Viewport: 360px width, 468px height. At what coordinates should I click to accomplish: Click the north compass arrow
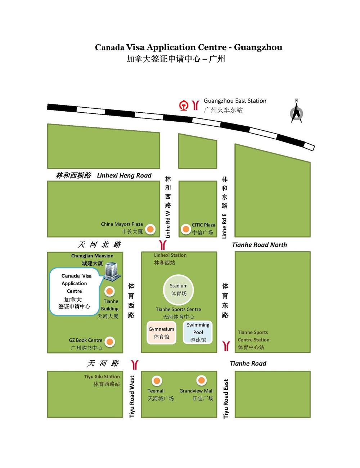[296, 112]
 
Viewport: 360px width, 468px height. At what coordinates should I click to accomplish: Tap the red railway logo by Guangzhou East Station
[184, 106]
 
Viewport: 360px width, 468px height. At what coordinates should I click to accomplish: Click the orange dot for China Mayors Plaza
[150, 229]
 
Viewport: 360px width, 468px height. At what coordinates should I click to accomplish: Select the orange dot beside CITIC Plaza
[186, 229]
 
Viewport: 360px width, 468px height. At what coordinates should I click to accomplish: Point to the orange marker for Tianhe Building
[109, 291]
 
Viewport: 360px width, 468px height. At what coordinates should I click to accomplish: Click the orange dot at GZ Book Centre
[110, 342]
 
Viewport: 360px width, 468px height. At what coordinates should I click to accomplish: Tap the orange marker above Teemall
[157, 381]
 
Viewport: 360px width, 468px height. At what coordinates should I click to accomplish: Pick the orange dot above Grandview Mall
[201, 381]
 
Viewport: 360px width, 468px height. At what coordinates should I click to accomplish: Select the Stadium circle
[179, 289]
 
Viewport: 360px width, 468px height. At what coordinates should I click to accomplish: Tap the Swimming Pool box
[198, 332]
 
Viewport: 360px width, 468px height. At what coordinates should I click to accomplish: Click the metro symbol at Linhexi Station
[163, 245]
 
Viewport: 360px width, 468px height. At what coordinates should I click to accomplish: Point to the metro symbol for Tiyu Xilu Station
[135, 364]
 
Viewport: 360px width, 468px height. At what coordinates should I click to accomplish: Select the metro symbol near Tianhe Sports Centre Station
[226, 346]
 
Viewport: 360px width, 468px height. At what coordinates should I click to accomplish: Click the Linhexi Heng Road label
[124, 176]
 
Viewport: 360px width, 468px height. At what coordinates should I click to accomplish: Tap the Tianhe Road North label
[260, 245]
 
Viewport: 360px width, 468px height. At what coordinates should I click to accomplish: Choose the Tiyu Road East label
[226, 399]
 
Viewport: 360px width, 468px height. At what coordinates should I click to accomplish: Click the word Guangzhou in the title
[258, 47]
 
